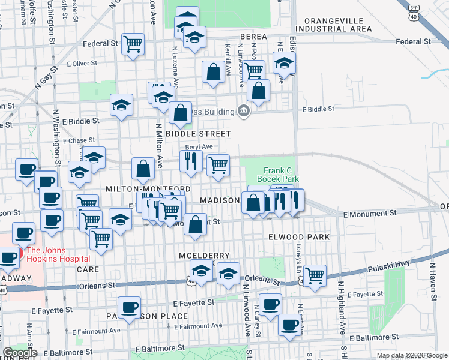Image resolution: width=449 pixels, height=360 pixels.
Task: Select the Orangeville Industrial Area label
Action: (339, 24)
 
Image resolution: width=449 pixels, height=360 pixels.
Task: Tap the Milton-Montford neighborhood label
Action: (148, 188)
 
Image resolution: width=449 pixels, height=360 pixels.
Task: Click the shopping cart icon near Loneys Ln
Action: (315, 275)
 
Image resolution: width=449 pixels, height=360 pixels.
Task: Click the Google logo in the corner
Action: (20, 353)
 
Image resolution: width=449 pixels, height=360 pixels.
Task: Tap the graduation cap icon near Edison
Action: (284, 62)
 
